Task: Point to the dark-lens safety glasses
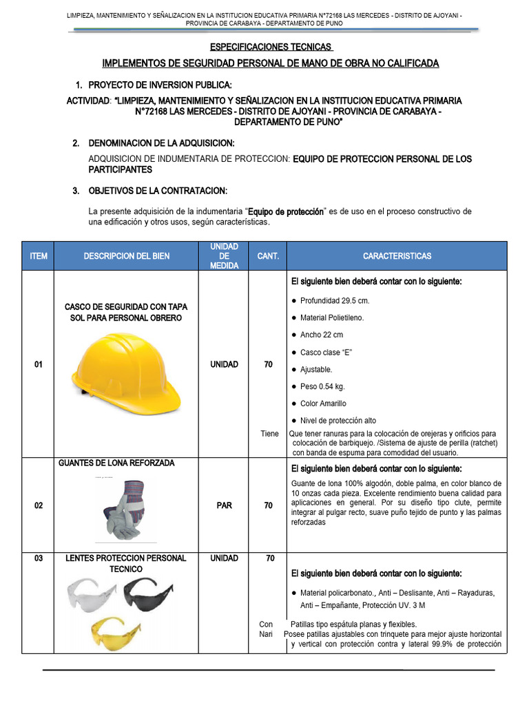pyautogui.click(x=151, y=593)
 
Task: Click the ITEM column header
pyautogui.click(x=39, y=256)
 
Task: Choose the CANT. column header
pyautogui.click(x=268, y=256)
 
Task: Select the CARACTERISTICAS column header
pyautogui.click(x=397, y=256)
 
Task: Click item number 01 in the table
pyautogui.click(x=39, y=365)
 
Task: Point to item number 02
pyautogui.click(x=39, y=506)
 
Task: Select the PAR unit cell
pyautogui.click(x=224, y=506)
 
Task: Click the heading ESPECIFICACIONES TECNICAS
pyautogui.click(x=271, y=47)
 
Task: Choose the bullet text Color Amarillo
pyautogui.click(x=323, y=403)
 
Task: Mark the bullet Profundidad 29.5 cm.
pyautogui.click(x=335, y=301)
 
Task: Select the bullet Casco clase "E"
pyautogui.click(x=326, y=352)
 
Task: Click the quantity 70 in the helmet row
pyautogui.click(x=268, y=365)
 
